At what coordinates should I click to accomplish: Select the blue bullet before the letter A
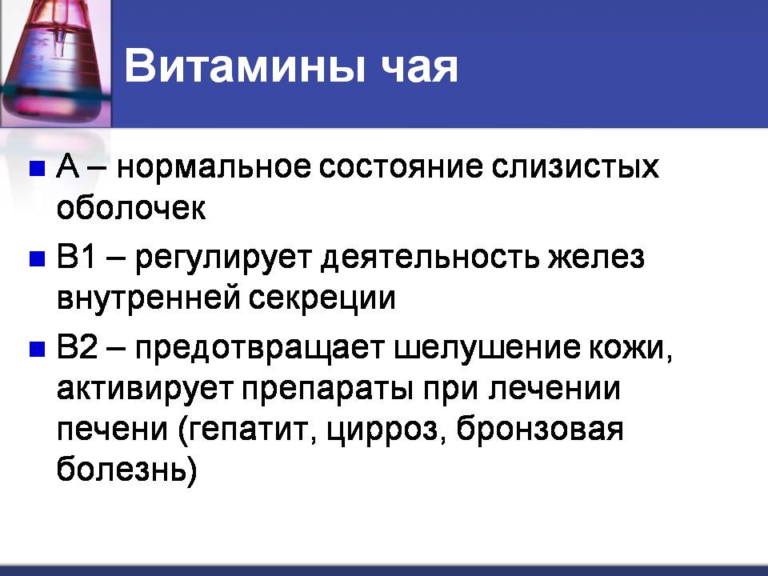[x=38, y=168]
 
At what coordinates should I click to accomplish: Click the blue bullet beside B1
[x=38, y=258]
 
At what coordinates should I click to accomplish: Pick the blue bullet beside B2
[x=38, y=350]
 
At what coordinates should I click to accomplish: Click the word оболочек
[x=131, y=208]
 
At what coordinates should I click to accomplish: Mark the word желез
[x=595, y=258]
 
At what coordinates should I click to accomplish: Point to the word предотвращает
[x=259, y=350]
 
